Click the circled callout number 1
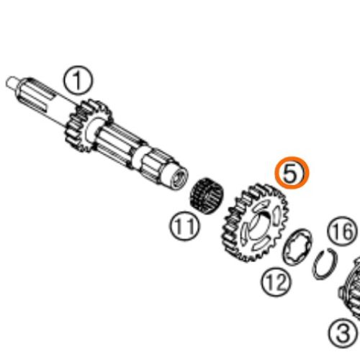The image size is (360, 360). (x=78, y=80)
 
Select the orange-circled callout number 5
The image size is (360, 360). (x=292, y=173)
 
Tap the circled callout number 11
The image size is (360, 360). (x=185, y=225)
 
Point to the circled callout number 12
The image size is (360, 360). (x=276, y=282)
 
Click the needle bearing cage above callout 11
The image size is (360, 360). (x=207, y=196)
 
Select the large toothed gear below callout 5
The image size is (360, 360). (x=254, y=222)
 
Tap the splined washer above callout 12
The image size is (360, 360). (x=297, y=247)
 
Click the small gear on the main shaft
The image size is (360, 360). (x=88, y=125)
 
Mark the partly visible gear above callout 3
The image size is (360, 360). (x=351, y=288)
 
